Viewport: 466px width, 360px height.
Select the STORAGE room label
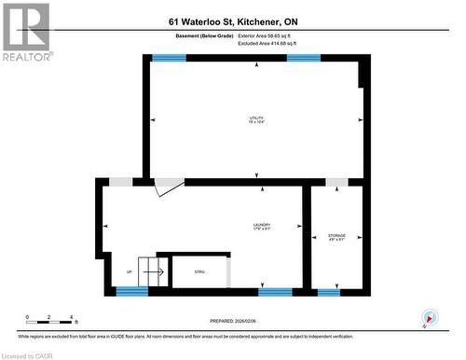click(336, 237)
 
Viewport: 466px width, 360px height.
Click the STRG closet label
click(199, 271)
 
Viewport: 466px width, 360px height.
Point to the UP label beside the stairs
click(129, 271)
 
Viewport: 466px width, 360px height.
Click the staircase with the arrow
click(153, 271)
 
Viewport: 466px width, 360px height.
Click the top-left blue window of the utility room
click(169, 59)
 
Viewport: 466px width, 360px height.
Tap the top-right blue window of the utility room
click(304, 59)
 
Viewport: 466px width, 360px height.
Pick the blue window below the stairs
click(132, 292)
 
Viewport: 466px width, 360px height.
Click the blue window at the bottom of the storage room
click(329, 292)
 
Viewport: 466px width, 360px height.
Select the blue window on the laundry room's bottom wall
click(274, 292)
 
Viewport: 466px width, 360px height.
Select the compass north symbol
click(429, 316)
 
